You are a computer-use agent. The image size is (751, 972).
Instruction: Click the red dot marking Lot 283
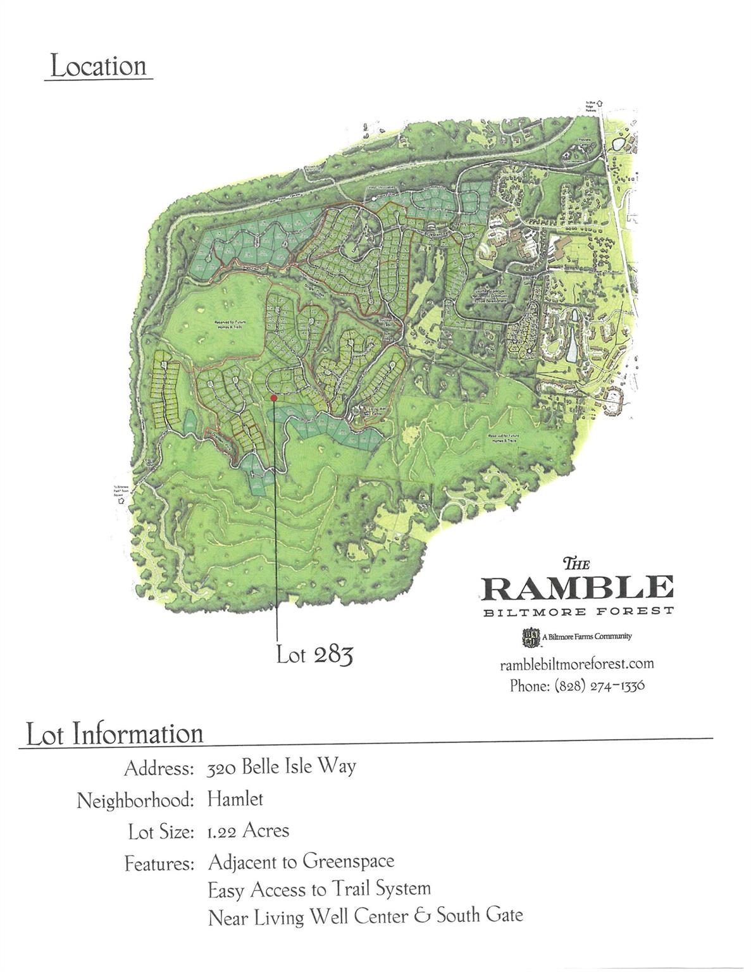(273, 398)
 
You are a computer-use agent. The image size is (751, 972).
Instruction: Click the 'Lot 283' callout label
(314, 655)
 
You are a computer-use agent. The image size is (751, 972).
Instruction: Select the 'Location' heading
(98, 66)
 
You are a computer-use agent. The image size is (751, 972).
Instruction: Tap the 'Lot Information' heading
(115, 734)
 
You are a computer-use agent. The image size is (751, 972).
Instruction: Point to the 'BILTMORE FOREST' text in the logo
(576, 611)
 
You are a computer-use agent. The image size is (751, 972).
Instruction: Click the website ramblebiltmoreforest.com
(576, 664)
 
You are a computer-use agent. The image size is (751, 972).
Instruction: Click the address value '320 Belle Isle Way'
(282, 767)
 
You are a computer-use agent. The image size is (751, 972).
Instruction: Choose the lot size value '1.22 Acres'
(248, 830)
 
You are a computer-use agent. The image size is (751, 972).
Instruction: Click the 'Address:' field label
(158, 768)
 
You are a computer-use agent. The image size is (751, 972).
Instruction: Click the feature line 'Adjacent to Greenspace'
(301, 862)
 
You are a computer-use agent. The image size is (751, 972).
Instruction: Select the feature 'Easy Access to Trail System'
(319, 890)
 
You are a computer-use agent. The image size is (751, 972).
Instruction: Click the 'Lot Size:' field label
(160, 832)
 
